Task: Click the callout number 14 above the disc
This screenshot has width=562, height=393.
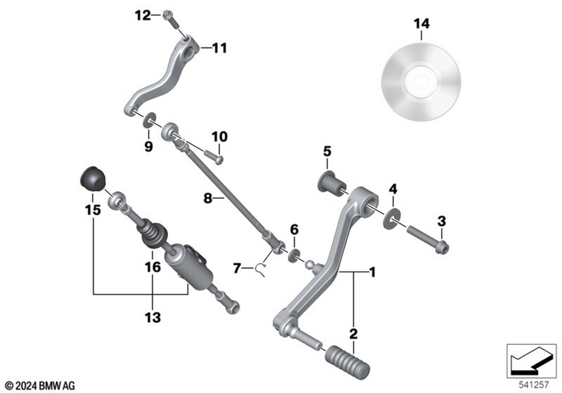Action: [421, 24]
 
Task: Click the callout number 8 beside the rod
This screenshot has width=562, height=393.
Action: [207, 199]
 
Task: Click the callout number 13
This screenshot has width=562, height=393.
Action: [152, 318]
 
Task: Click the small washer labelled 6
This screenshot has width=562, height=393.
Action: [293, 256]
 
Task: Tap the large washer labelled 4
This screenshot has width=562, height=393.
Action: [392, 218]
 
